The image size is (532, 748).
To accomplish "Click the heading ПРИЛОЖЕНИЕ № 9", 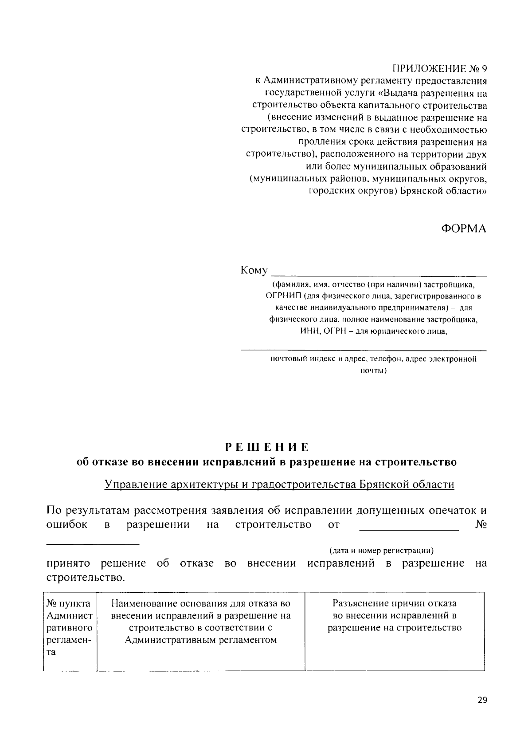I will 439,69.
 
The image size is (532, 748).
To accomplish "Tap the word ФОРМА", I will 463,229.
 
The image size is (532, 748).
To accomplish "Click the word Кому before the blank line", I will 254,270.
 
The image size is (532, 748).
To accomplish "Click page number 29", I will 482,700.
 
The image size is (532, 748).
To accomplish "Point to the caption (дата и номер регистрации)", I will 381,551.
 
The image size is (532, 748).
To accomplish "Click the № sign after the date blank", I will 481,525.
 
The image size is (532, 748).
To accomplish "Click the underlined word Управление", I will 134,484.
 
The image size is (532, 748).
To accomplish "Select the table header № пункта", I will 69,603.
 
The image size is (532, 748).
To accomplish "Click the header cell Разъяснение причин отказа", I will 395,603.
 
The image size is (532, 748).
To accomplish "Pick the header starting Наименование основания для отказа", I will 201,603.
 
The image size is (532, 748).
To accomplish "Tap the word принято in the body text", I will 68,563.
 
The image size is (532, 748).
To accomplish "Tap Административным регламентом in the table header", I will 201,640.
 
